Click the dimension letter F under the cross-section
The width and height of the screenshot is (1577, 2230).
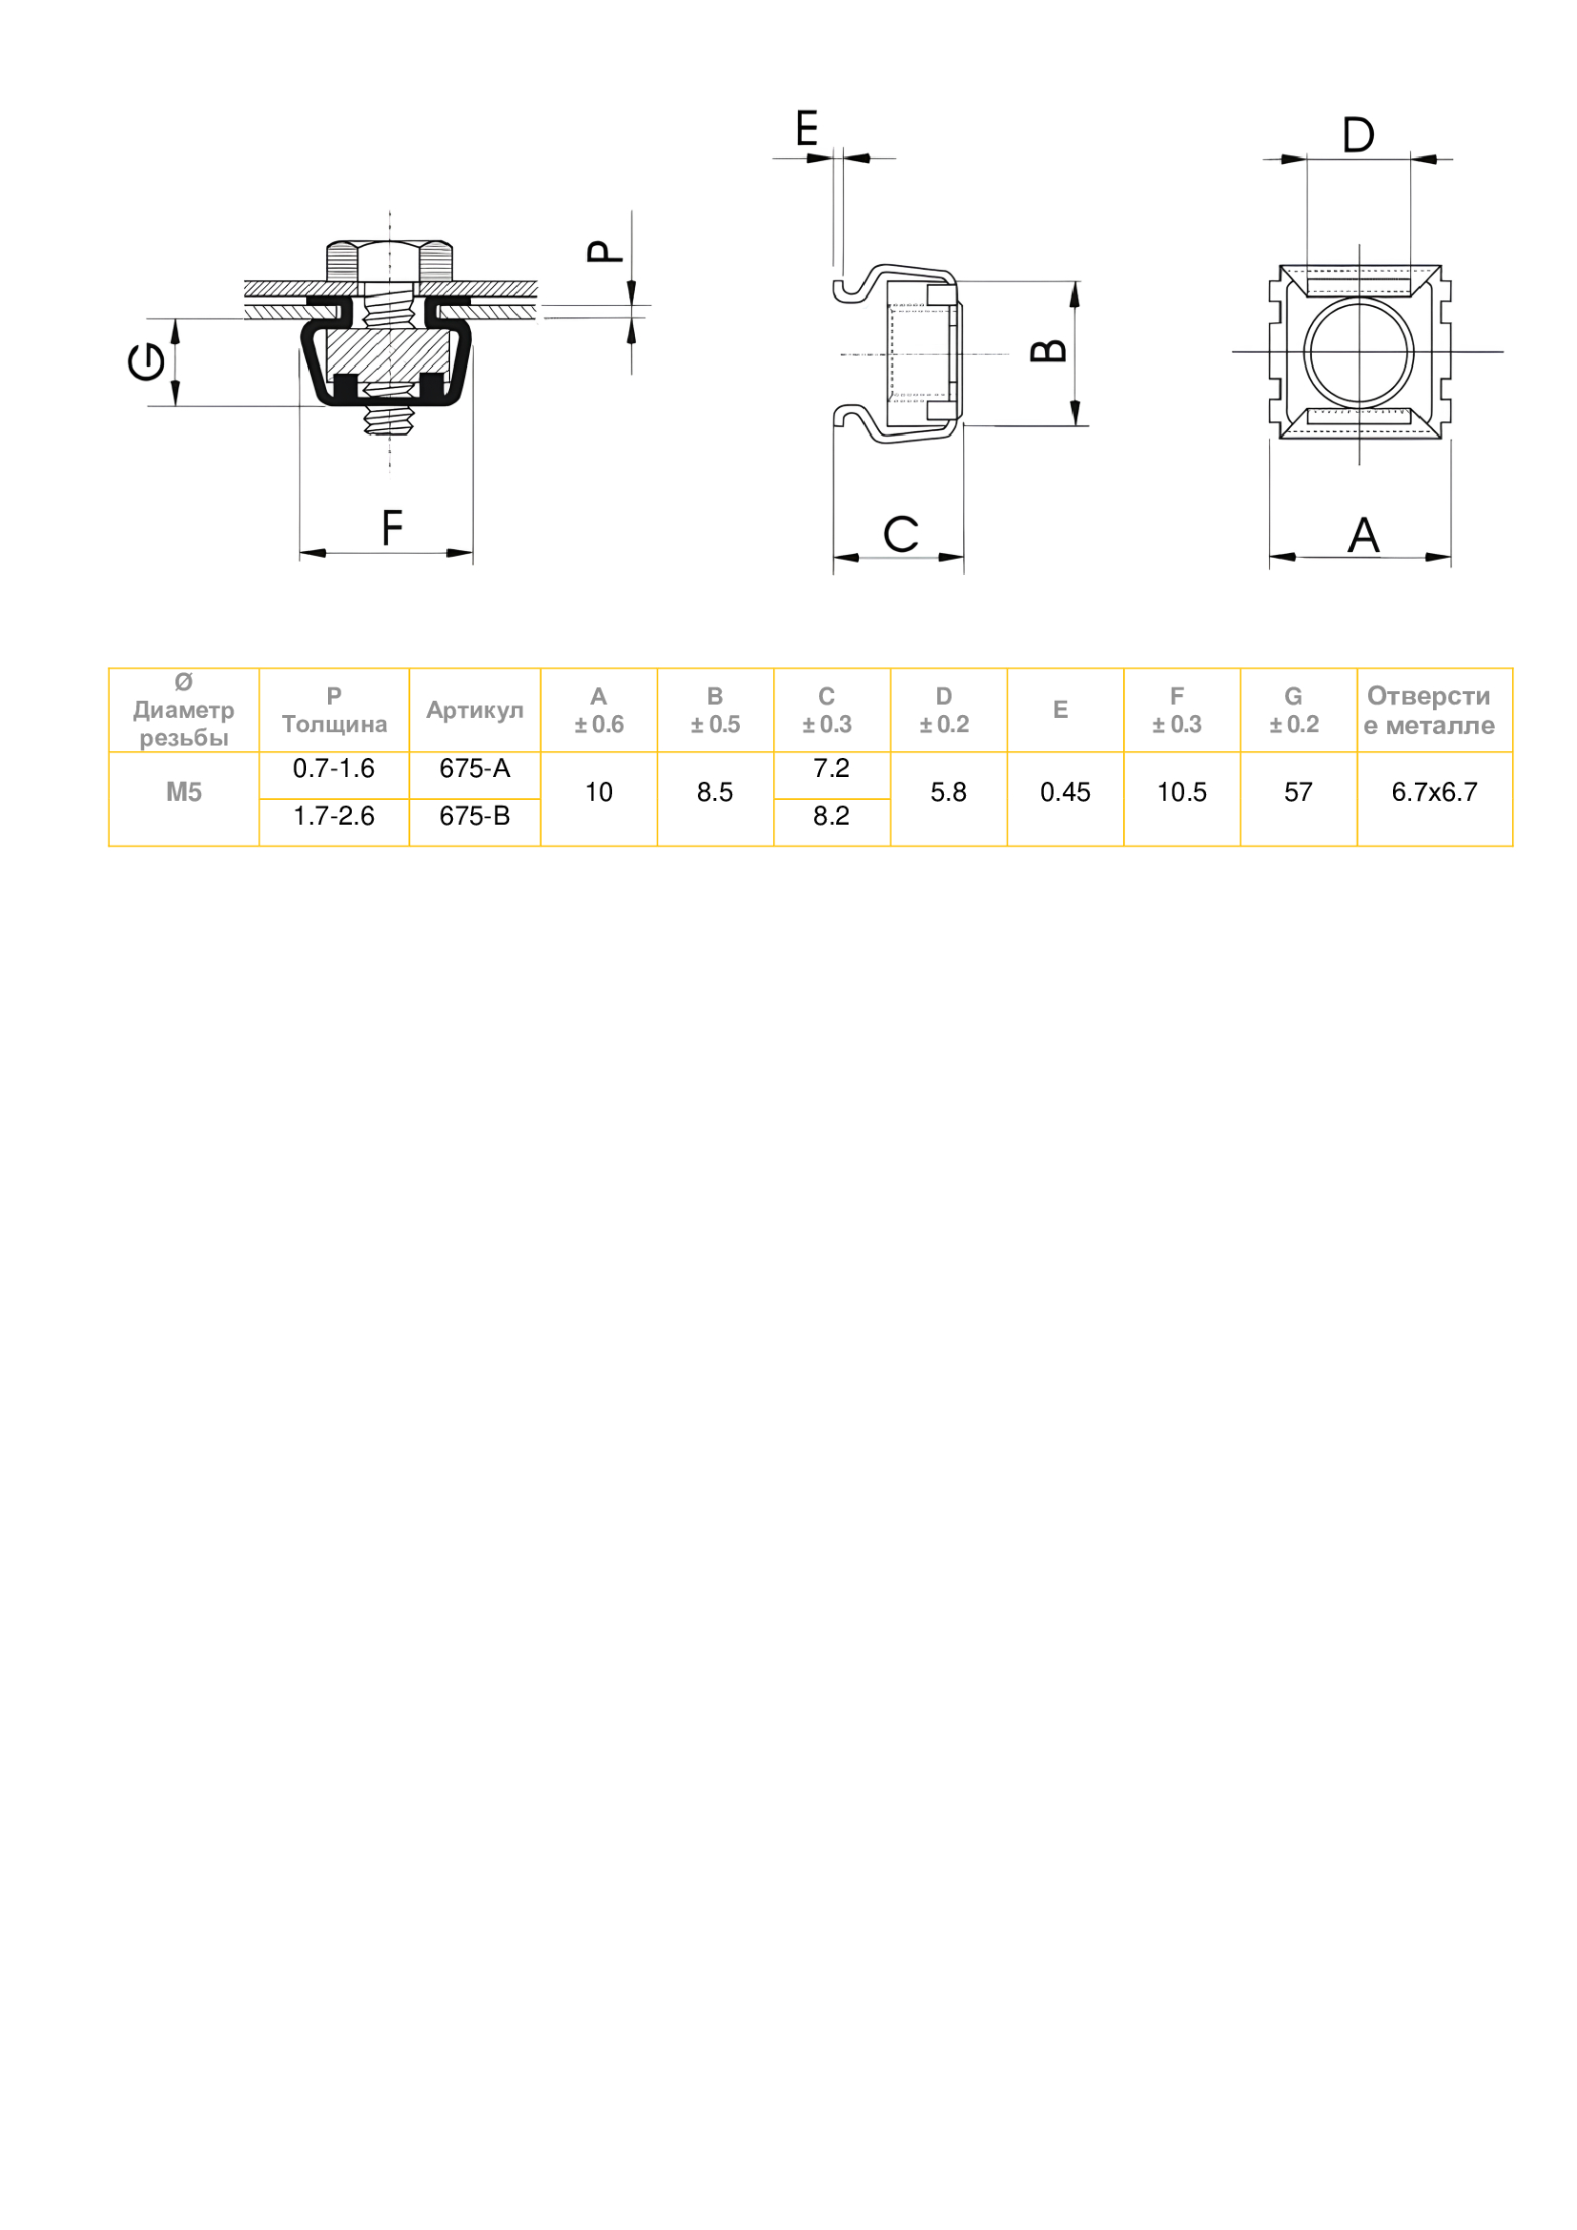point(391,528)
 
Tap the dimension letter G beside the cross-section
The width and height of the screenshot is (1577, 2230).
point(147,363)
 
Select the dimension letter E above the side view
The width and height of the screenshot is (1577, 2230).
point(807,128)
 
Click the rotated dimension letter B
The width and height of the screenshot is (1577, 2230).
point(1050,351)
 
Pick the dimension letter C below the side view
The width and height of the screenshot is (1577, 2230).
point(901,534)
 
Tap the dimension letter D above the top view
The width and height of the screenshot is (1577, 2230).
point(1359,135)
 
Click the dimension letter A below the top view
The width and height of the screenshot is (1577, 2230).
point(1364,535)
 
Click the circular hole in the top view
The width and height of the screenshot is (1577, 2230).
point(1359,352)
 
